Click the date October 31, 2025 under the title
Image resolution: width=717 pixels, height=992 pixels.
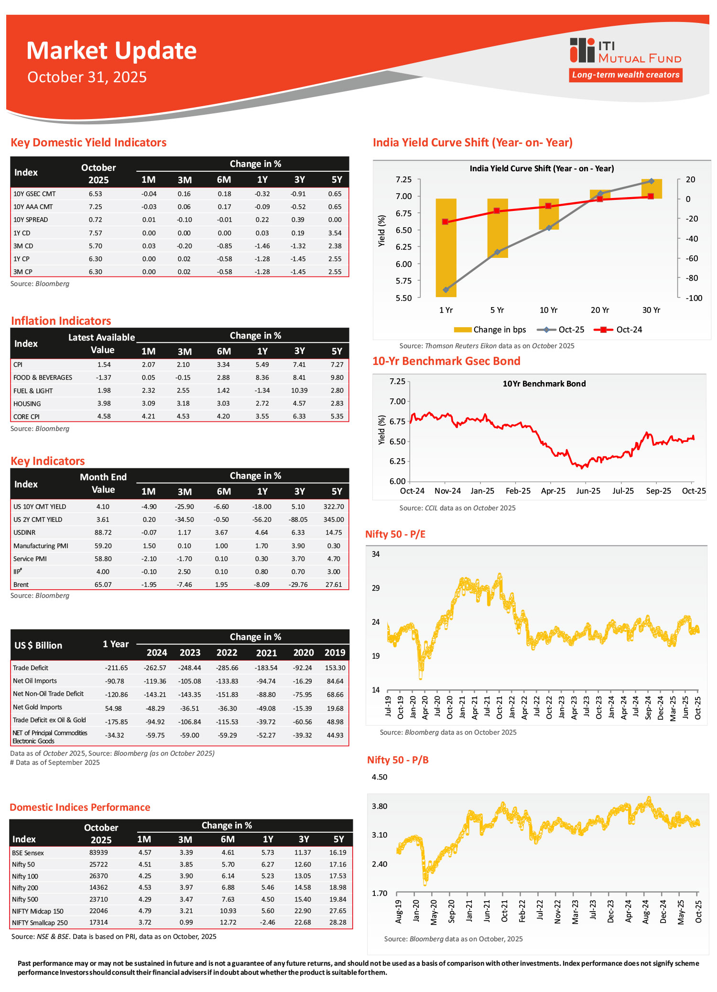(x=87, y=77)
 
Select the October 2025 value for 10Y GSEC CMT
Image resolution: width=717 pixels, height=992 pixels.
(x=95, y=194)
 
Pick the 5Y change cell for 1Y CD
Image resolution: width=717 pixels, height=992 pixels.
(x=335, y=233)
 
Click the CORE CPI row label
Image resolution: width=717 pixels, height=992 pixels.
(x=26, y=417)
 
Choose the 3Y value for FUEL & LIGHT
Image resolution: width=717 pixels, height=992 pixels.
(x=299, y=390)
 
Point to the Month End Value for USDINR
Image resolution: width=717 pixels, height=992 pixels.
(x=103, y=532)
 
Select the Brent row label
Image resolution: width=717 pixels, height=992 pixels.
(x=21, y=584)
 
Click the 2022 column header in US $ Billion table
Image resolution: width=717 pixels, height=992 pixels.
(x=227, y=652)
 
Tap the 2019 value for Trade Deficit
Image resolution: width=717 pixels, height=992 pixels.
(x=335, y=668)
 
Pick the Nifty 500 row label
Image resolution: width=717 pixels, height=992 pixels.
(x=25, y=899)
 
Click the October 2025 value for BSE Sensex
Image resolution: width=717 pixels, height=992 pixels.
(x=98, y=852)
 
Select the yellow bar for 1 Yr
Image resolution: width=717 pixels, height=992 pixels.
(x=445, y=247)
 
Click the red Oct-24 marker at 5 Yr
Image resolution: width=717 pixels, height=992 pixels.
(x=497, y=210)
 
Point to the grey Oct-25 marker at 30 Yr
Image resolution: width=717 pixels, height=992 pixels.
(x=651, y=181)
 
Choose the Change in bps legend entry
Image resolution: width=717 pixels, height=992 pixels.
(x=490, y=330)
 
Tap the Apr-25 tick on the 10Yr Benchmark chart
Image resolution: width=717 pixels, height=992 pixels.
(x=553, y=491)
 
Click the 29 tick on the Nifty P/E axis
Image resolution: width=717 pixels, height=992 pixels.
(x=376, y=588)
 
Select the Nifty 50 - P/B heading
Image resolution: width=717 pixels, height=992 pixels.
(x=398, y=760)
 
